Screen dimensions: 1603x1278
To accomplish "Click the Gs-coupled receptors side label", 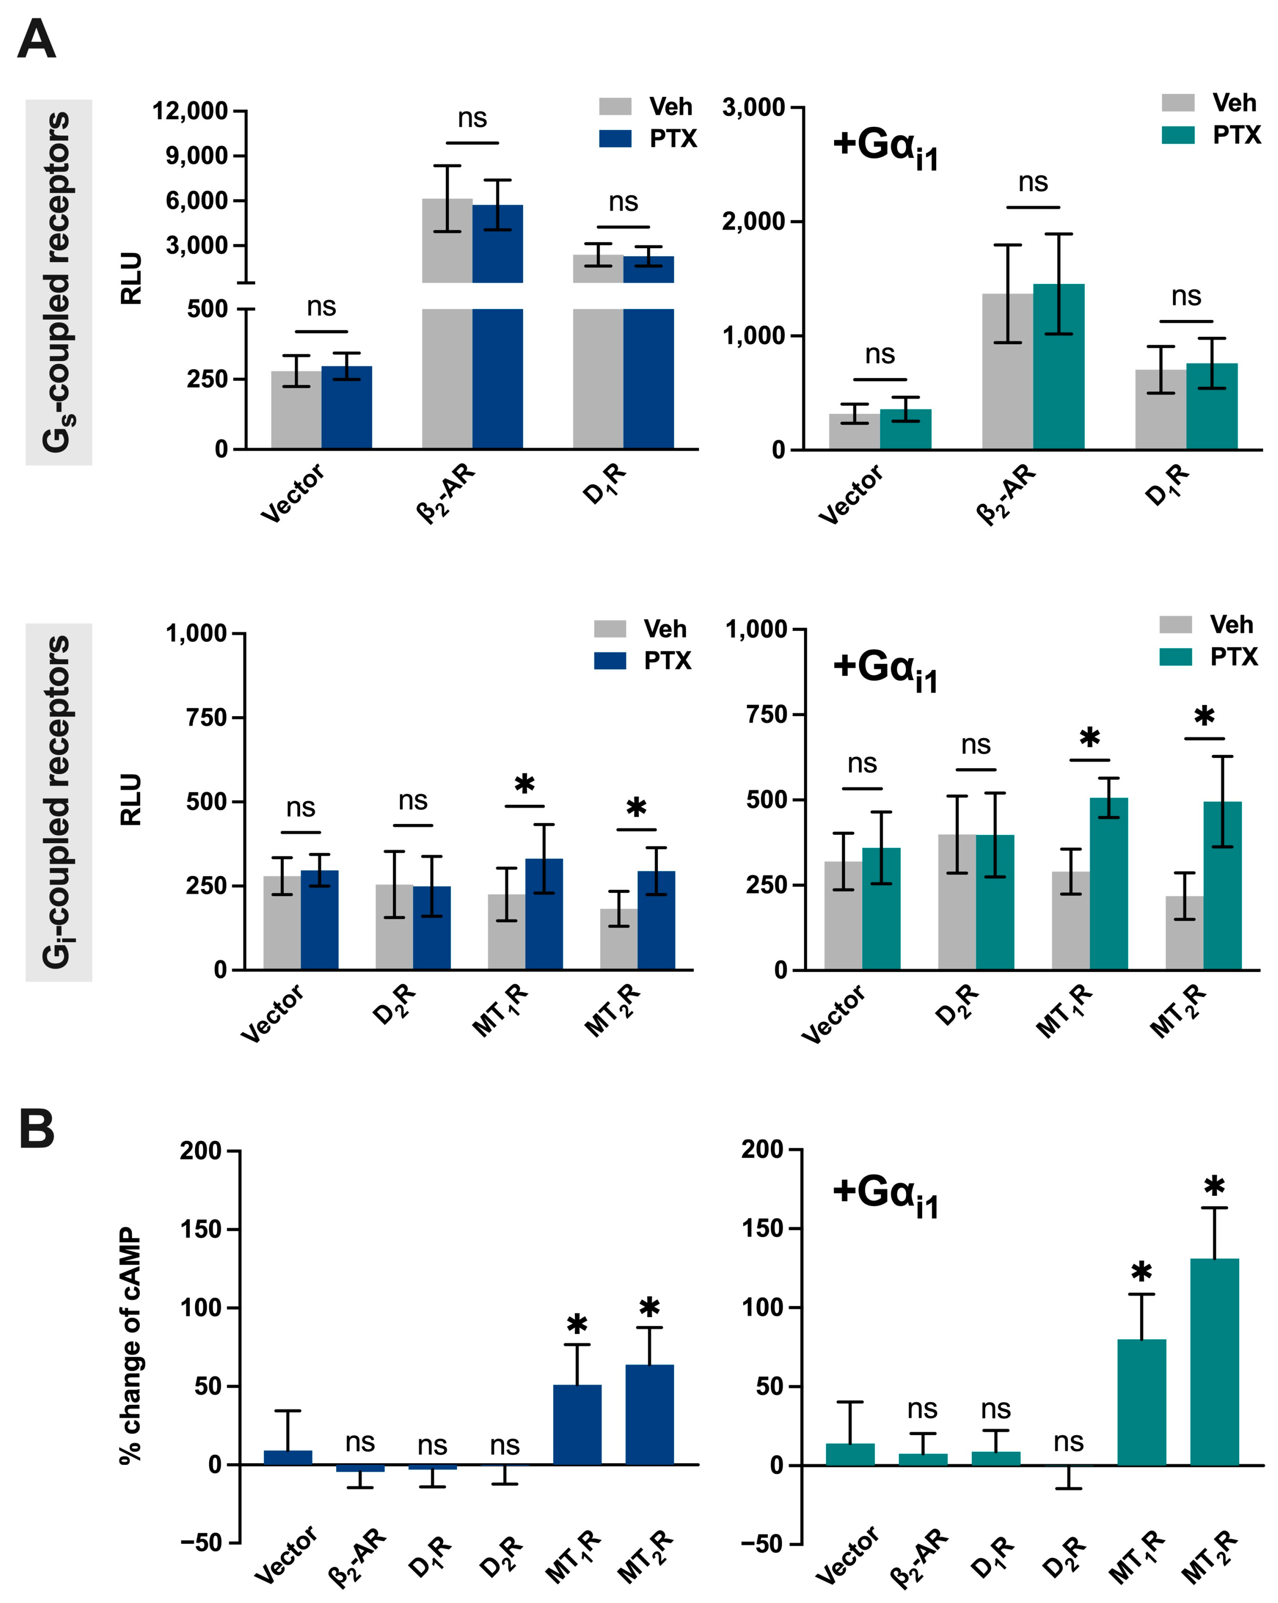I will click(x=58, y=283).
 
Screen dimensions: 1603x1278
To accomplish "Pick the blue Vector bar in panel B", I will click(x=288, y=1457).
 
